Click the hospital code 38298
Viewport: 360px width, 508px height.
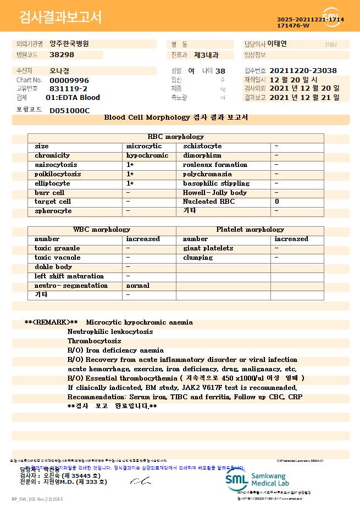62,55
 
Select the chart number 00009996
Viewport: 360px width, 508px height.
69,80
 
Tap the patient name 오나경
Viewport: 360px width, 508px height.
60,71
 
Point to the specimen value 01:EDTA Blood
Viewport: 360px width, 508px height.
73,98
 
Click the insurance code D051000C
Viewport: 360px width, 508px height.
69,111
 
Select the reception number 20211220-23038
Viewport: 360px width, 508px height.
303,71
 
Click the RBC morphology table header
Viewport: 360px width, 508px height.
176,137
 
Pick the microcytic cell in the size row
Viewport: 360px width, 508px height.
144,146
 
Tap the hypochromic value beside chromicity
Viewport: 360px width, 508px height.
147,155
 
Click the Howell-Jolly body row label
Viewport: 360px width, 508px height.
215,193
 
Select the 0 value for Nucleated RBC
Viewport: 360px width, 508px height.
276,202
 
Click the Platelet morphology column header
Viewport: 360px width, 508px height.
250,230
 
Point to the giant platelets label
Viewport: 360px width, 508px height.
208,248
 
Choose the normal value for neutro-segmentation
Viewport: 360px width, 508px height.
138,286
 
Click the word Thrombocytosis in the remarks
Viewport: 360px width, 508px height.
94,341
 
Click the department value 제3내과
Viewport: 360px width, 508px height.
206,55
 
